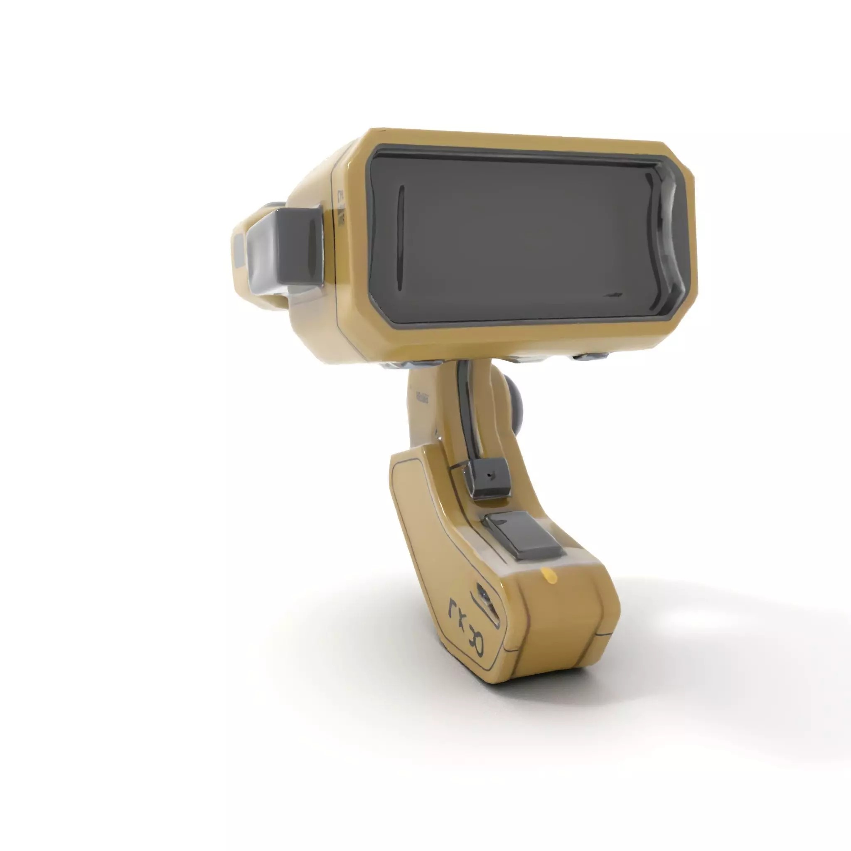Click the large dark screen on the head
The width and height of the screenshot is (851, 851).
520,238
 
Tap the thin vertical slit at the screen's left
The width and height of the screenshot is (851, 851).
401,238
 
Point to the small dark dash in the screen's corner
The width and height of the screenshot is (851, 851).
612,294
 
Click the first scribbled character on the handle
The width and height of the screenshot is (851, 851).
454,610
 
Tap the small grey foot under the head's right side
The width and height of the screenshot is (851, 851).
590,356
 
